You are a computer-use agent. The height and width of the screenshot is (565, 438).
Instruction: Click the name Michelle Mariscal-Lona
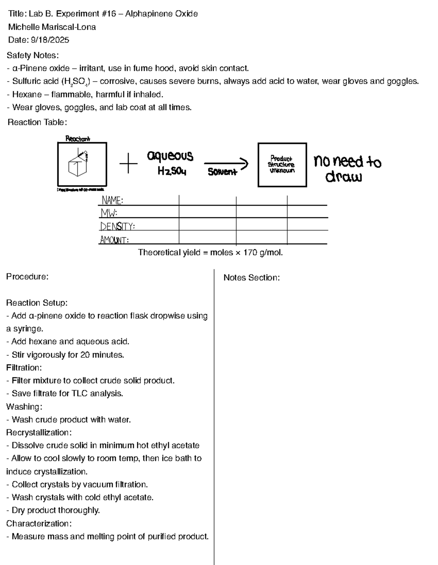coord(52,27)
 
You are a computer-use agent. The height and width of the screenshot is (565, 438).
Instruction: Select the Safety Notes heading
coord(32,55)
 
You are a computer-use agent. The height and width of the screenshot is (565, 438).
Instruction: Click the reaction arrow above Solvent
coord(226,164)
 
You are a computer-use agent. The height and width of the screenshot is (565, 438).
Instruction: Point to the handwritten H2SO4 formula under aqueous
coord(172,171)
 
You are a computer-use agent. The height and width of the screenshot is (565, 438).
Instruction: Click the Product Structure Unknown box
coord(282,165)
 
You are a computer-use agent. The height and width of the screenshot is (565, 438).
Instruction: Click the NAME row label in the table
coord(112,200)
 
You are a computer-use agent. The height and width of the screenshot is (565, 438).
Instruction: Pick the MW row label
coord(109,213)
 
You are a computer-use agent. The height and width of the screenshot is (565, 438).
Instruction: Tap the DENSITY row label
coord(117,226)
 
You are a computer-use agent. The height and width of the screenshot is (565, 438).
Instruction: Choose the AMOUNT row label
coord(114,240)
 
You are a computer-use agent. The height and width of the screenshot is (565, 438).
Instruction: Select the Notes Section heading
coord(251,278)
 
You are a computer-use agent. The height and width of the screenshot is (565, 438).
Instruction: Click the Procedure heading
coord(27,277)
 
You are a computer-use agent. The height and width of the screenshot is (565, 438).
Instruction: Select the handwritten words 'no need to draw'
coord(347,169)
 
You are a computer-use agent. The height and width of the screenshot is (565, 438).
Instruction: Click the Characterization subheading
coord(39,523)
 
